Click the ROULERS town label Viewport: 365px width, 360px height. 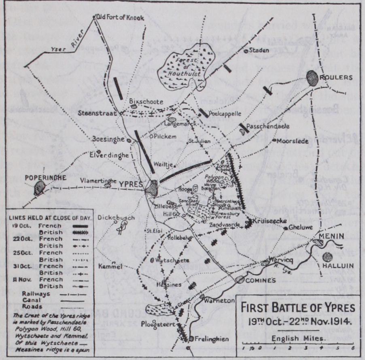[335, 77]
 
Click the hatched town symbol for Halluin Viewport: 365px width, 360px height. [328, 257]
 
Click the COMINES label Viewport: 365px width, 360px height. [261, 280]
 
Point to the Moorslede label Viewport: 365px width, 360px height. [292, 141]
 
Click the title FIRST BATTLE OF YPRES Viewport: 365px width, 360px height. [298, 308]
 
